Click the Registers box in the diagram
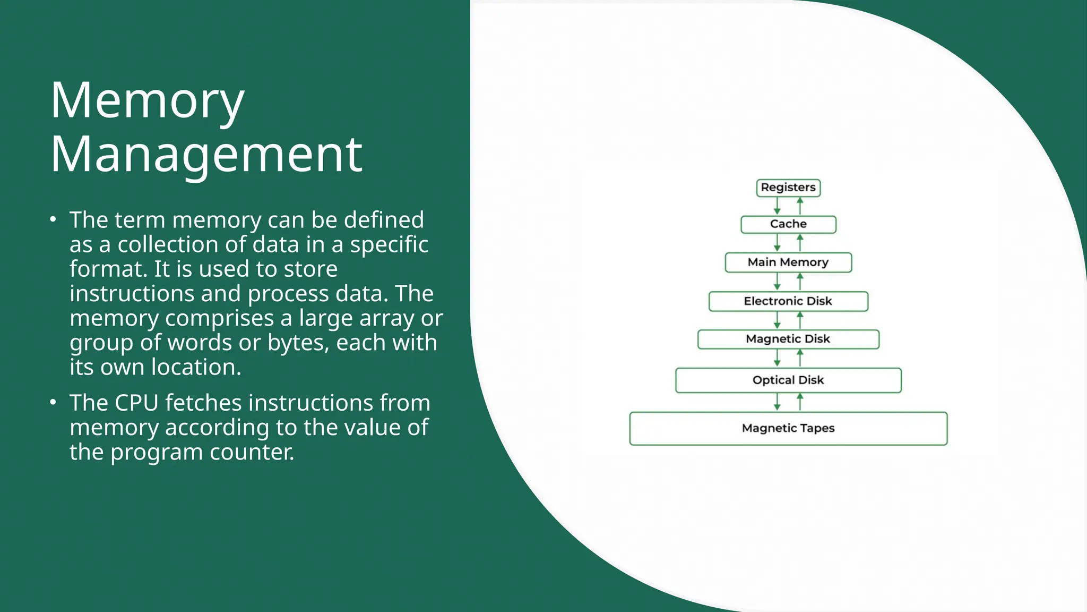[x=788, y=188]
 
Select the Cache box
[x=788, y=224]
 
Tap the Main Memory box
[x=788, y=262]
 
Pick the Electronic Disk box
[x=788, y=301]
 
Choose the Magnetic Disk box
[x=788, y=339]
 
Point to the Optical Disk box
[x=788, y=380]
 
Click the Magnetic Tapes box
[x=788, y=428]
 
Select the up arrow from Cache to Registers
[x=800, y=206]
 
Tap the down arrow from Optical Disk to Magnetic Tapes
[x=777, y=402]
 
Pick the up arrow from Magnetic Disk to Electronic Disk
[x=800, y=320]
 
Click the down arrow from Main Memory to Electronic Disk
[x=777, y=282]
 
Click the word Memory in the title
[x=147, y=101]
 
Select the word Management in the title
[x=206, y=155]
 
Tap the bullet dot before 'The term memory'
[x=53, y=219]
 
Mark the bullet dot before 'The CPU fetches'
[x=53, y=402]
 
